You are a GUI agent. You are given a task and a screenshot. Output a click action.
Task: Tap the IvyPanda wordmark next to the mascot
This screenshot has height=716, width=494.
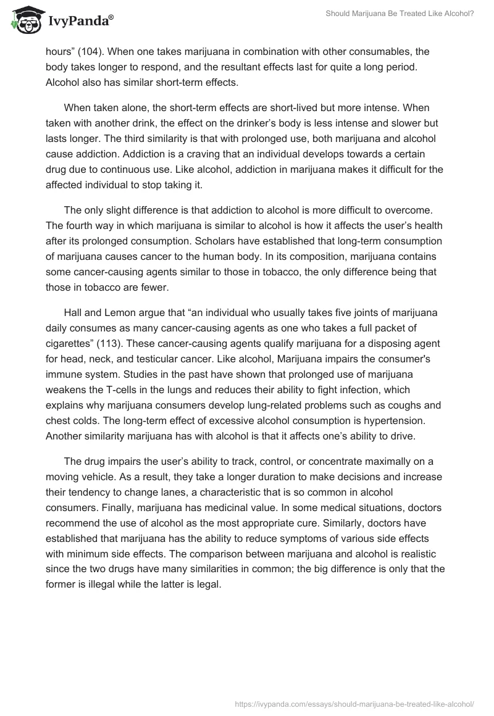point(78,22)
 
